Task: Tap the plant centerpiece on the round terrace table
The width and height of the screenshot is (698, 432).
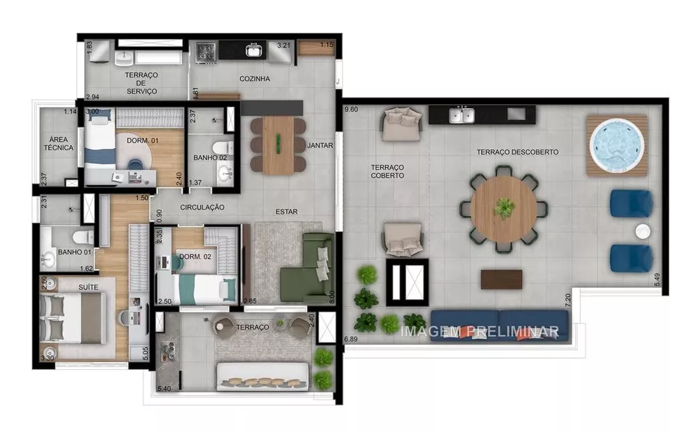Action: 504,208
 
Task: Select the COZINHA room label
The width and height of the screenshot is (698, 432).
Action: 254,79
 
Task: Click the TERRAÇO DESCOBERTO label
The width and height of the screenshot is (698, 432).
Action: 517,152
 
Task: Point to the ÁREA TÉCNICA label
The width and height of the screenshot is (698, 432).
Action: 58,143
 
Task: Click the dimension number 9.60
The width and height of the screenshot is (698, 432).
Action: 351,110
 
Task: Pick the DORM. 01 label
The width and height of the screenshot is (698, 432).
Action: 142,141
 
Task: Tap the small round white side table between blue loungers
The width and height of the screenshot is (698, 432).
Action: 641,231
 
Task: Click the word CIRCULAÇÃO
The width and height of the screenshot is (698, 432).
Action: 202,208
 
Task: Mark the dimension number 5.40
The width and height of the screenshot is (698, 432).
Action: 165,388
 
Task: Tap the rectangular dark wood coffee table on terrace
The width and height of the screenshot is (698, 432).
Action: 501,279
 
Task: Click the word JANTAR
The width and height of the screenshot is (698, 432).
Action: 320,145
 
